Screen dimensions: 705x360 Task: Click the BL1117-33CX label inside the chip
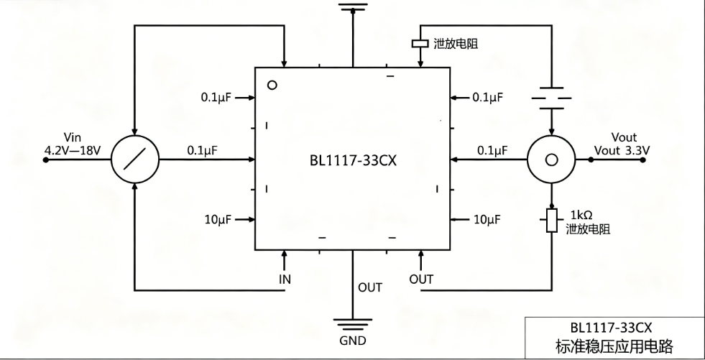pos(353,160)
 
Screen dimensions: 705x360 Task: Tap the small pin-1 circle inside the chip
pos(272,85)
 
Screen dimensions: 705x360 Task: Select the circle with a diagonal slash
pos(135,159)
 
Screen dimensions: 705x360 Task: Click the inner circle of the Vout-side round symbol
pos(551,160)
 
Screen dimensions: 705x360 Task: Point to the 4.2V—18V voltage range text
pos(73,150)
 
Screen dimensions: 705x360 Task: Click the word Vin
pos(73,137)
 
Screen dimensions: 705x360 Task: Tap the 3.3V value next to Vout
pos(637,151)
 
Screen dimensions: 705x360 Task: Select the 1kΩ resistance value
pos(581,215)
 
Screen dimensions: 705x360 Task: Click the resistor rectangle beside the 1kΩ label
pos(552,220)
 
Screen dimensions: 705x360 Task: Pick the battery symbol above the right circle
pos(552,98)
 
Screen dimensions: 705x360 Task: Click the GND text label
pos(353,341)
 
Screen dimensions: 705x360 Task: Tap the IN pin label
pos(285,280)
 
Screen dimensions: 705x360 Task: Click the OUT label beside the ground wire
pos(370,287)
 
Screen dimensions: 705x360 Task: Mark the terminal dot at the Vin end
pos(45,160)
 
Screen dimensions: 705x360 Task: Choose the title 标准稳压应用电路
pos(614,346)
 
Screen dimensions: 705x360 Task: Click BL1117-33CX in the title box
pos(611,327)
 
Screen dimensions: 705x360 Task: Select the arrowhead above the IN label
pos(284,254)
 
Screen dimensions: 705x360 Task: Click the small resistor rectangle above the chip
pos(420,44)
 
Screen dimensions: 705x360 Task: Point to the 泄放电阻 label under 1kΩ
pos(588,229)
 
